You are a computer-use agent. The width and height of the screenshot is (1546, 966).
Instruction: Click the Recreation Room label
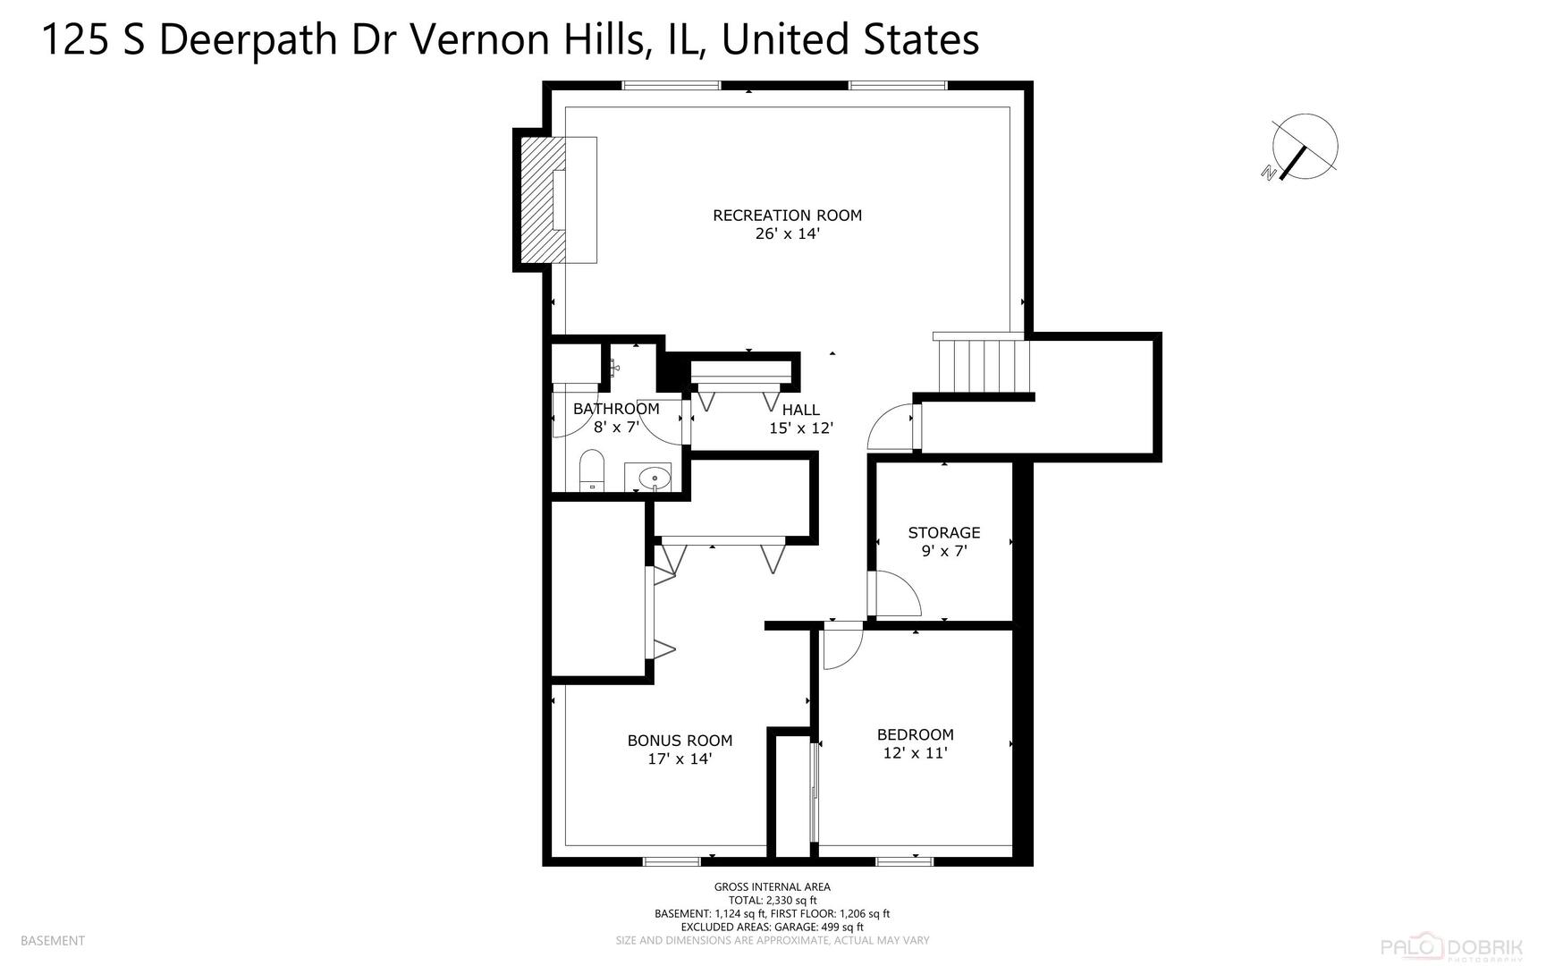(x=787, y=215)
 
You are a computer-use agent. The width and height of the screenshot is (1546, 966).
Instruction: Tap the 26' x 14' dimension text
(x=787, y=234)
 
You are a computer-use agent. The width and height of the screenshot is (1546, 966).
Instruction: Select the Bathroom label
(x=616, y=409)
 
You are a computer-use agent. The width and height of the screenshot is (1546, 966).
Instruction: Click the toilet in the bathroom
(x=592, y=471)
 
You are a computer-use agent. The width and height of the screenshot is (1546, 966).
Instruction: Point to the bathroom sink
(x=654, y=478)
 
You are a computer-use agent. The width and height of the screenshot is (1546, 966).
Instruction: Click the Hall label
(x=800, y=410)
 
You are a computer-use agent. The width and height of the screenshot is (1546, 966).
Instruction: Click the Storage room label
(x=944, y=532)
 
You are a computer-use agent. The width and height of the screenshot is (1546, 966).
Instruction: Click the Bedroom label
(x=915, y=734)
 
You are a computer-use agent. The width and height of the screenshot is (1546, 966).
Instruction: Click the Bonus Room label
(x=680, y=741)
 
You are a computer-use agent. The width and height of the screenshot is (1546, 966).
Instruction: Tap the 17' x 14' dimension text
(x=680, y=759)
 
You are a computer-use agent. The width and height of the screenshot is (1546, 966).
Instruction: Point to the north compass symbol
(x=1304, y=147)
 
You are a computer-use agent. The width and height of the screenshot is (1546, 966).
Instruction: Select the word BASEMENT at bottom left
(x=52, y=940)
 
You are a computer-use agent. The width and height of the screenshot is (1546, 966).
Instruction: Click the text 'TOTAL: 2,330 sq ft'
(x=773, y=901)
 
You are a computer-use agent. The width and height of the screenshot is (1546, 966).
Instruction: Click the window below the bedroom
(x=903, y=861)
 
